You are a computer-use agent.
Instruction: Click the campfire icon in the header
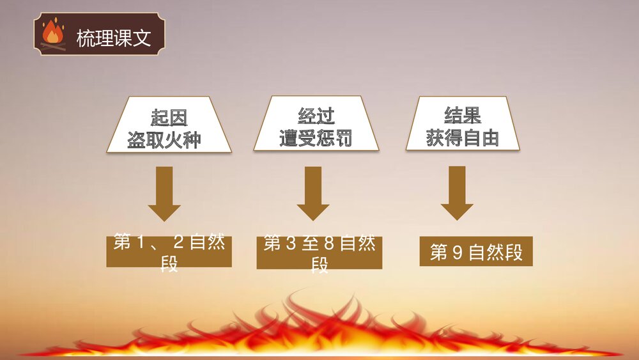coord(53,35)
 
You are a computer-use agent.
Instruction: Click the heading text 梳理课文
coord(113,38)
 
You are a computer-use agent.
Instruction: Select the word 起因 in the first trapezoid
coord(169,118)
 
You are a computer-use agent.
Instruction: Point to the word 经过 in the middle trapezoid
coord(316,116)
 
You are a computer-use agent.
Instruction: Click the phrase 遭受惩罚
coord(316,138)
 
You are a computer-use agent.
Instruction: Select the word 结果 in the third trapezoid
coord(463,115)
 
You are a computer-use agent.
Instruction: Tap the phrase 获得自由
coord(463,137)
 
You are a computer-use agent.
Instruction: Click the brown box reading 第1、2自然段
coord(169,252)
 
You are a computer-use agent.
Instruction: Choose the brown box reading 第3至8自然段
coord(319,253)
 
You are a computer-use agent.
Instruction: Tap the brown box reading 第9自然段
coord(476,252)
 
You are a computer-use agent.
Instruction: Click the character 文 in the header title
coord(142,38)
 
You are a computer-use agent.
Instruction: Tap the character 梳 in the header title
coord(86,38)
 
